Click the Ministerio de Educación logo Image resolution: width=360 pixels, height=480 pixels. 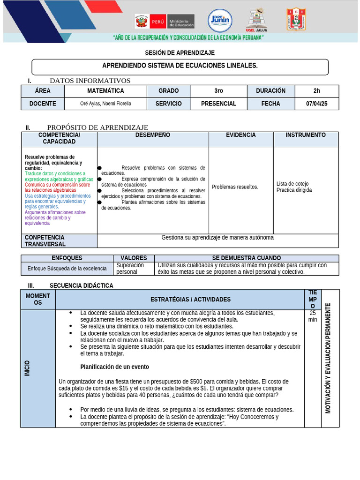(164, 21)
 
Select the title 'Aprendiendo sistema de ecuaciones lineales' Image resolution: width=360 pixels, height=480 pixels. (180, 66)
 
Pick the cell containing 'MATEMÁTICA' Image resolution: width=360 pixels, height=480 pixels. (105, 91)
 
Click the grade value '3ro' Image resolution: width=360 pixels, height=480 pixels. (218, 91)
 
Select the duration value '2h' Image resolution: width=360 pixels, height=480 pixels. (317, 91)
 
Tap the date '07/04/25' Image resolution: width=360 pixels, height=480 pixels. (317, 104)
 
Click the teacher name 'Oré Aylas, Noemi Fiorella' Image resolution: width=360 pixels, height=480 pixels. (105, 104)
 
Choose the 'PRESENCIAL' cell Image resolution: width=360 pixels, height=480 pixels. (218, 104)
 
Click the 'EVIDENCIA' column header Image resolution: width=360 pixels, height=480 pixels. (241, 135)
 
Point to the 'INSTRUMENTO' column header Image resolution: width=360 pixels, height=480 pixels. (306, 135)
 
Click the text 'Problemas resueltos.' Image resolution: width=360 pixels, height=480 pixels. (235, 187)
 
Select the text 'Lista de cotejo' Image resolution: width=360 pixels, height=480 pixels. (292, 184)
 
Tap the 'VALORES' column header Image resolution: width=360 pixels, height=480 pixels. (134, 258)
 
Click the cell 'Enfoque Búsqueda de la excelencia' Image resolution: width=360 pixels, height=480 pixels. (67, 269)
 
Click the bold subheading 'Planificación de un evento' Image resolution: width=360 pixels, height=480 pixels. (114, 367)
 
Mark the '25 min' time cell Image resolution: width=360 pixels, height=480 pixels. (313, 316)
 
